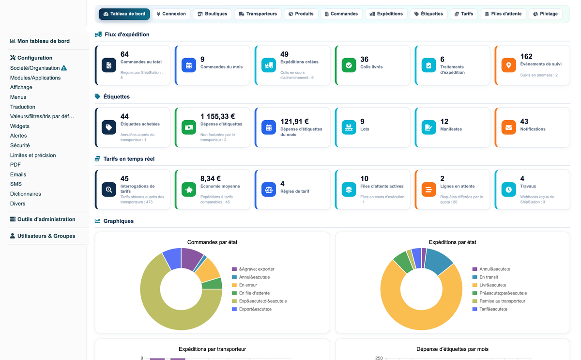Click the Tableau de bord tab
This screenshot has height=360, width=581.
pyautogui.click(x=124, y=14)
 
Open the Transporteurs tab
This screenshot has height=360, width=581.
pyautogui.click(x=258, y=14)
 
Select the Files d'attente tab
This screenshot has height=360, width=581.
pyautogui.click(x=503, y=14)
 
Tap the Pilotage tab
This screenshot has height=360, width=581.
pyautogui.click(x=546, y=14)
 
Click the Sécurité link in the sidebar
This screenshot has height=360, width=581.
pyautogui.click(x=20, y=145)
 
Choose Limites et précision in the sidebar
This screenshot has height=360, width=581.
pyautogui.click(x=33, y=155)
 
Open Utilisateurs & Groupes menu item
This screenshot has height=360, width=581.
pyautogui.click(x=43, y=236)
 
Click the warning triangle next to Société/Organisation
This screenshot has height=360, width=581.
pyautogui.click(x=64, y=68)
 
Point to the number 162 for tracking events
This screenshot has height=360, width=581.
pyautogui.click(x=526, y=56)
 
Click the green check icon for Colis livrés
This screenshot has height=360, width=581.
pyautogui.click(x=349, y=65)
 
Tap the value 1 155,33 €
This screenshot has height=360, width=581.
pyautogui.click(x=217, y=116)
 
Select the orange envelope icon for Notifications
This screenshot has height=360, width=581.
pyautogui.click(x=508, y=127)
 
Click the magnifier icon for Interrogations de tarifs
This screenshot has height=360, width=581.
pyautogui.click(x=109, y=190)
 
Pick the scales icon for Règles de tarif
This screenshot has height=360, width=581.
pyautogui.click(x=269, y=190)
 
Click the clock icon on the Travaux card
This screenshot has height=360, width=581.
pyautogui.click(x=508, y=190)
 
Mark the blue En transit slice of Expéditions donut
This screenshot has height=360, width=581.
pyautogui.click(x=438, y=260)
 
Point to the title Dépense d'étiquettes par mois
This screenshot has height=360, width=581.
pyautogui.click(x=452, y=349)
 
